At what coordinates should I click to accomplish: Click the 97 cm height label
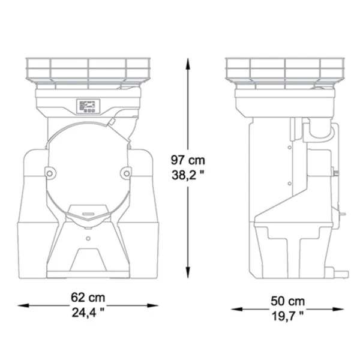[188, 160]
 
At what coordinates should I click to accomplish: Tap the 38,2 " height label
[188, 175]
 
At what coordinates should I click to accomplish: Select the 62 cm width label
[88, 298]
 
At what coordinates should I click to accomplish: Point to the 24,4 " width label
[88, 313]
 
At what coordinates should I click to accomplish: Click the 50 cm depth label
[287, 301]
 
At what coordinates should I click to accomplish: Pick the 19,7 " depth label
[287, 316]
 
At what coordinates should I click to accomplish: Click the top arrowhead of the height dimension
[188, 64]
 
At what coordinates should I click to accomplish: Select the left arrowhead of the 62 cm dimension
[23, 305]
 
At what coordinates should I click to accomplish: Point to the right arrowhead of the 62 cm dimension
[152, 305]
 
